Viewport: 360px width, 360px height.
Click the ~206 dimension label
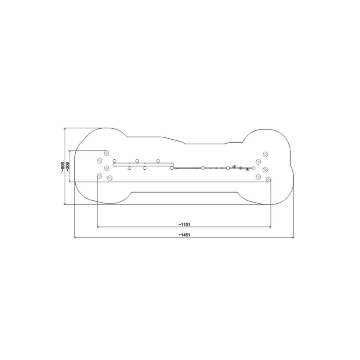tap(68, 166)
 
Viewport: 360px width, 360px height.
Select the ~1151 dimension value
tap(184, 224)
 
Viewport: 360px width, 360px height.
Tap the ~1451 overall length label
tap(184, 235)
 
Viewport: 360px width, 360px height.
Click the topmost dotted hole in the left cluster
tap(107, 153)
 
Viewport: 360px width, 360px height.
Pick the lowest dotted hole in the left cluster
tap(110, 178)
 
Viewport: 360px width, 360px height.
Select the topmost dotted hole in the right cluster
tap(266, 154)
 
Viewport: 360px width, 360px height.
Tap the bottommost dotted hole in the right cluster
tap(268, 179)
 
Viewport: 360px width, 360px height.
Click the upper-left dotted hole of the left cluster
tap(100, 161)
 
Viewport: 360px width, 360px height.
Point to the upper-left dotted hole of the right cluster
tap(258, 162)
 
